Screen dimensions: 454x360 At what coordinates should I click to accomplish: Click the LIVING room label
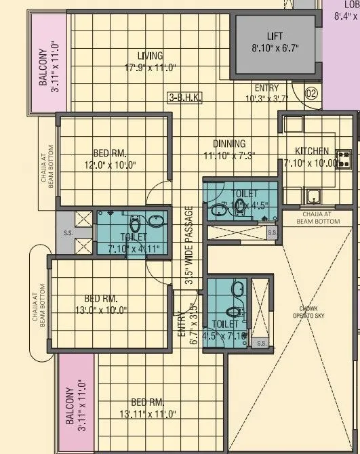150,56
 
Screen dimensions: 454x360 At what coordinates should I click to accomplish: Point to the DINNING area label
229,144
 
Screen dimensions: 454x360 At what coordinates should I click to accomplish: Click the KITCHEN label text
312,150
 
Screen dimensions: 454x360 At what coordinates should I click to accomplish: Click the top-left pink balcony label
47,63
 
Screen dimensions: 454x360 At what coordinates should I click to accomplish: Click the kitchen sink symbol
314,197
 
